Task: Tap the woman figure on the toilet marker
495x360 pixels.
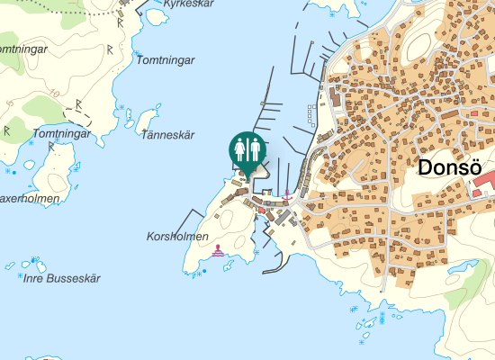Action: tap(240, 149)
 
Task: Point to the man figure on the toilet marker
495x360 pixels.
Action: tap(255, 149)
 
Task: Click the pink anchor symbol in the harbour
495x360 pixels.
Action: tap(287, 193)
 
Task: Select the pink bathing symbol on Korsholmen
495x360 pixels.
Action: tap(218, 254)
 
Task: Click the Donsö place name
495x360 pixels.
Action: tap(451, 167)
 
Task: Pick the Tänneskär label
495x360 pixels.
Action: tap(168, 135)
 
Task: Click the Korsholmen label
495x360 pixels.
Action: tap(177, 237)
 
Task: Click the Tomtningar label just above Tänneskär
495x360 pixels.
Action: tap(164, 59)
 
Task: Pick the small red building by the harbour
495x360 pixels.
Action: tap(262, 210)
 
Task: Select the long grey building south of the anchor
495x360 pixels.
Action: tap(281, 217)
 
